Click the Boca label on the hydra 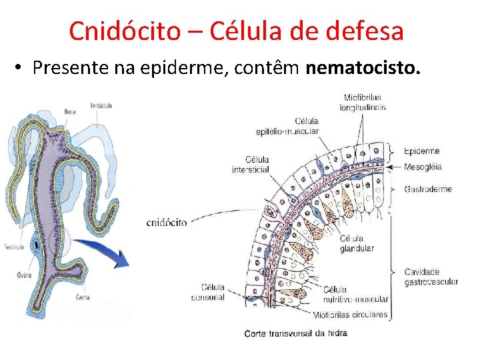click(70, 111)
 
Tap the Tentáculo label click(101, 105)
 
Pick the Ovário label click(25, 274)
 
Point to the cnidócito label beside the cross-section click(166, 222)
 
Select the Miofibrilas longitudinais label click(363, 102)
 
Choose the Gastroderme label click(427, 189)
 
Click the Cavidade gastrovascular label click(431, 277)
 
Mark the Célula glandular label click(357, 243)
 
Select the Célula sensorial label click(208, 292)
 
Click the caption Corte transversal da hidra click(295, 333)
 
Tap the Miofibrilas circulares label click(351, 315)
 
